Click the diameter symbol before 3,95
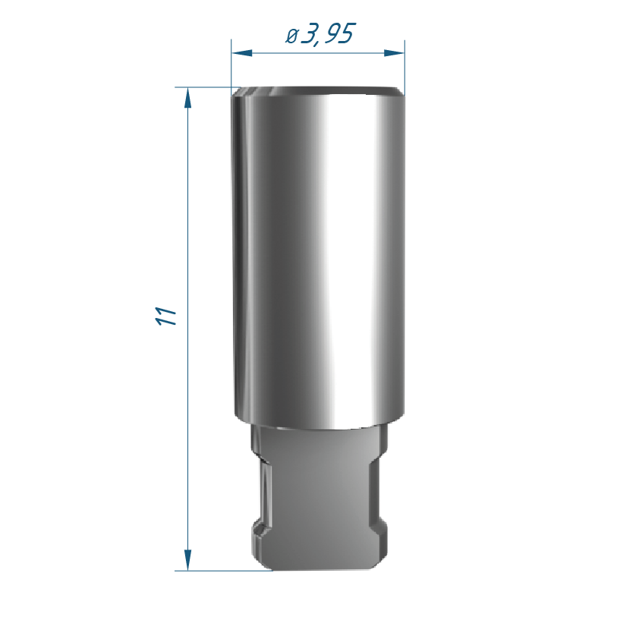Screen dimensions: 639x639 (x=291, y=36)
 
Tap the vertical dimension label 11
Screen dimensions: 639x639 (x=166, y=316)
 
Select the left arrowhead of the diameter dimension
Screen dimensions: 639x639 (x=241, y=53)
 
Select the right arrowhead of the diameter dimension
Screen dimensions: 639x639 (x=394, y=53)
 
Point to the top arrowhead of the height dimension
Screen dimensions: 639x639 (x=187, y=98)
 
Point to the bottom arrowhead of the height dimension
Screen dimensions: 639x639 (x=187, y=560)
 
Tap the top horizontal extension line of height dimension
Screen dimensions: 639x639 (x=203, y=87)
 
